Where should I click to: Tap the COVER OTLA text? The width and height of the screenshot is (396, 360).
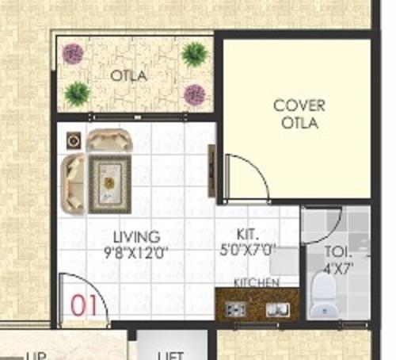click(299, 114)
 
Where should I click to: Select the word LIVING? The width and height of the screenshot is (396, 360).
click(136, 237)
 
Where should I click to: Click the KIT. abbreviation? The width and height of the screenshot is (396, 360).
click(247, 234)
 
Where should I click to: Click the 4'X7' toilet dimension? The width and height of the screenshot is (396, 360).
click(336, 267)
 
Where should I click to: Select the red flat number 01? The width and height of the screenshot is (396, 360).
click(85, 305)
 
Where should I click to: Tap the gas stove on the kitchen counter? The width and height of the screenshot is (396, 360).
click(235, 307)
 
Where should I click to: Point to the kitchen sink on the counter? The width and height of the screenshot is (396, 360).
click(276, 307)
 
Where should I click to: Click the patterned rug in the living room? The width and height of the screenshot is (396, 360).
click(109, 183)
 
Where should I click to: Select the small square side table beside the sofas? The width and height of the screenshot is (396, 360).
click(74, 140)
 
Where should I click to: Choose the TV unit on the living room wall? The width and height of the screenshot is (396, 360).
click(212, 170)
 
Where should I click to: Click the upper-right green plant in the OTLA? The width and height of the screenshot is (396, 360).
click(193, 54)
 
